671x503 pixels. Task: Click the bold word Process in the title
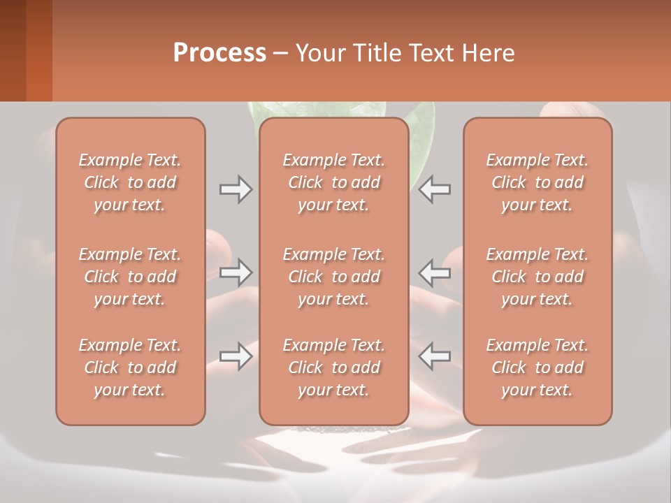[219, 53]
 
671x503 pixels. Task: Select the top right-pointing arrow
[236, 189]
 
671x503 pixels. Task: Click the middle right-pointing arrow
[236, 272]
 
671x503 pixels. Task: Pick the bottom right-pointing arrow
[236, 356]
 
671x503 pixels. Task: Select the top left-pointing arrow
[435, 189]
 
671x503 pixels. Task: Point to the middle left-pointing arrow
[435, 272]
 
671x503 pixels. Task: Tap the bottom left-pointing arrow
[435, 356]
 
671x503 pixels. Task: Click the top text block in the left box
[130, 182]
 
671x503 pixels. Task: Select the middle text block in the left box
[130, 277]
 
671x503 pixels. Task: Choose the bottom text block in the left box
[130, 367]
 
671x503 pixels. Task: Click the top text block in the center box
[333, 182]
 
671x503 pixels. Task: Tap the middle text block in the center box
[333, 277]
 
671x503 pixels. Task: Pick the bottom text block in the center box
[333, 367]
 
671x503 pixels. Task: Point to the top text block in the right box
[537, 182]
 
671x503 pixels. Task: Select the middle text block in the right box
[537, 277]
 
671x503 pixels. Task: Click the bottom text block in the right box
[537, 367]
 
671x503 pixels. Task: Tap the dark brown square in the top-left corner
[13, 50]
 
